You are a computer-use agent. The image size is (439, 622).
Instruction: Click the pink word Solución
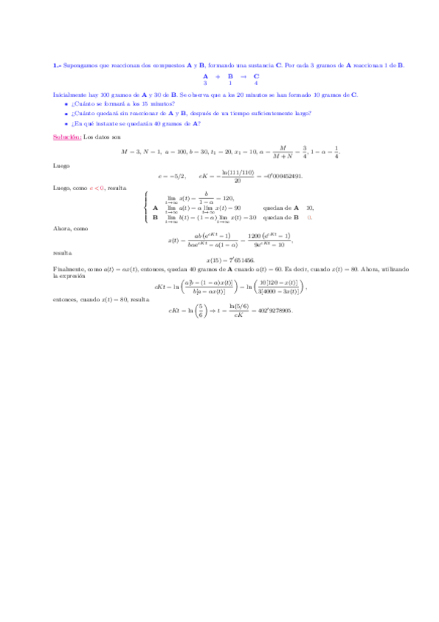67,137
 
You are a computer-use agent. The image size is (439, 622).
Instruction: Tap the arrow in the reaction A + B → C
243,76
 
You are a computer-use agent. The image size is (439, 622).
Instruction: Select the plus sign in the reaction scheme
218,76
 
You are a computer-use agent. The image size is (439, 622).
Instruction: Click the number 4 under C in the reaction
256,83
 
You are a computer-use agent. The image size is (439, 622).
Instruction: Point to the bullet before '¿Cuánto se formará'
66,104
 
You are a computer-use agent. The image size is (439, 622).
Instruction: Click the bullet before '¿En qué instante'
66,123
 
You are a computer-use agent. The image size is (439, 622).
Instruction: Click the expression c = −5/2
171,176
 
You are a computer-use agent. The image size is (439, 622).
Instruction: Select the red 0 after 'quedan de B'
309,217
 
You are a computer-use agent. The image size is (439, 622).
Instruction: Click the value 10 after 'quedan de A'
309,208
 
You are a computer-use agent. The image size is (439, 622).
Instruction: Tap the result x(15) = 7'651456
230,260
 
